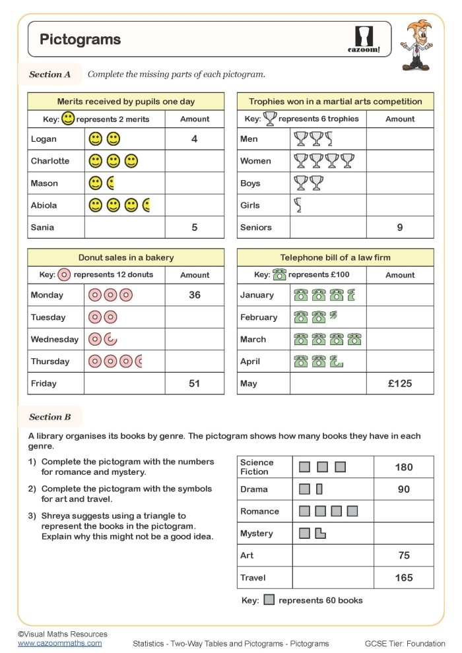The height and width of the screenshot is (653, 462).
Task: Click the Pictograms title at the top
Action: (81, 40)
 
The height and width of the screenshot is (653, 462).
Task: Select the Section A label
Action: (50, 75)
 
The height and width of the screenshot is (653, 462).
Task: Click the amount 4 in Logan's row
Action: (195, 139)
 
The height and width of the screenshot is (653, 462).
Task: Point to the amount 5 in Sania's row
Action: (195, 228)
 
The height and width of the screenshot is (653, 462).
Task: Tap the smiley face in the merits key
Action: (68, 119)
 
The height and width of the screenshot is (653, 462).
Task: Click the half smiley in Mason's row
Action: (111, 183)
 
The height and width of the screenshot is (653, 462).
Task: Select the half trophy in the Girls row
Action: (298, 206)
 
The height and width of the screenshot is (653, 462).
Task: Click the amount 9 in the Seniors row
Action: (400, 228)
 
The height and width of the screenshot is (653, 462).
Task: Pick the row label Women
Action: (255, 161)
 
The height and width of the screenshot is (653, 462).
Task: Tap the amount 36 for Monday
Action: (195, 295)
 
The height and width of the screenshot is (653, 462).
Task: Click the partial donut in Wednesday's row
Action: (111, 340)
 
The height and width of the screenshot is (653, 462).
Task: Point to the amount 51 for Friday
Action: (195, 383)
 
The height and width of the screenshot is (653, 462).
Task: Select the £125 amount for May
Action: (400, 383)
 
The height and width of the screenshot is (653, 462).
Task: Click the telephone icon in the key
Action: (279, 275)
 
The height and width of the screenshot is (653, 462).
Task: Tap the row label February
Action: (259, 317)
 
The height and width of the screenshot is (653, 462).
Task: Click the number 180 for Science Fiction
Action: (404, 467)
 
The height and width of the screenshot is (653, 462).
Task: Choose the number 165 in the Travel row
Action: (404, 578)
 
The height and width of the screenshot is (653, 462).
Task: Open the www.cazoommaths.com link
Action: (60, 643)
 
